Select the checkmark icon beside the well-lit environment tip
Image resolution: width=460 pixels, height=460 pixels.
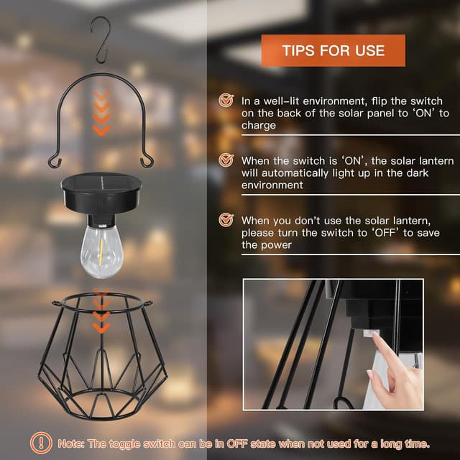click(226, 101)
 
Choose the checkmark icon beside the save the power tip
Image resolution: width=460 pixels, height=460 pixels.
click(226, 219)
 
